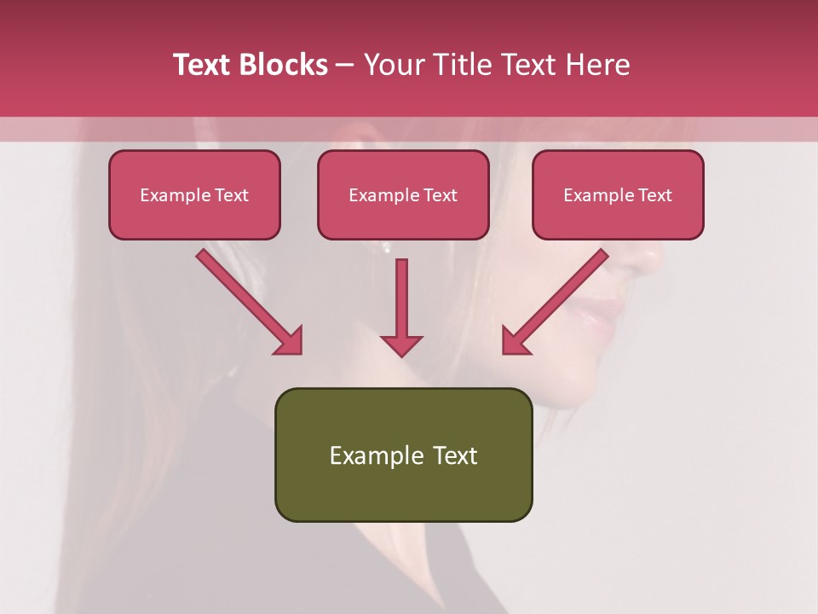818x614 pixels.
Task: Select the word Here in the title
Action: [x=596, y=65]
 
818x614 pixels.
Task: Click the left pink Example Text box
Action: [x=194, y=195]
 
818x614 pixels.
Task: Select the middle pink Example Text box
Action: [x=403, y=195]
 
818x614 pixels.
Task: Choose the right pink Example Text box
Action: [x=618, y=195]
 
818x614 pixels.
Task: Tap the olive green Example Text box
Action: [x=403, y=455]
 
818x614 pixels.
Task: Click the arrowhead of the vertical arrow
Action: [x=401, y=345]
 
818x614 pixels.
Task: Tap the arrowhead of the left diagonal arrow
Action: [x=290, y=340]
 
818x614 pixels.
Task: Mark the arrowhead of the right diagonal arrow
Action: [x=514, y=340]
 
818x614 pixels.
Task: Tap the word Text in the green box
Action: [x=455, y=455]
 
